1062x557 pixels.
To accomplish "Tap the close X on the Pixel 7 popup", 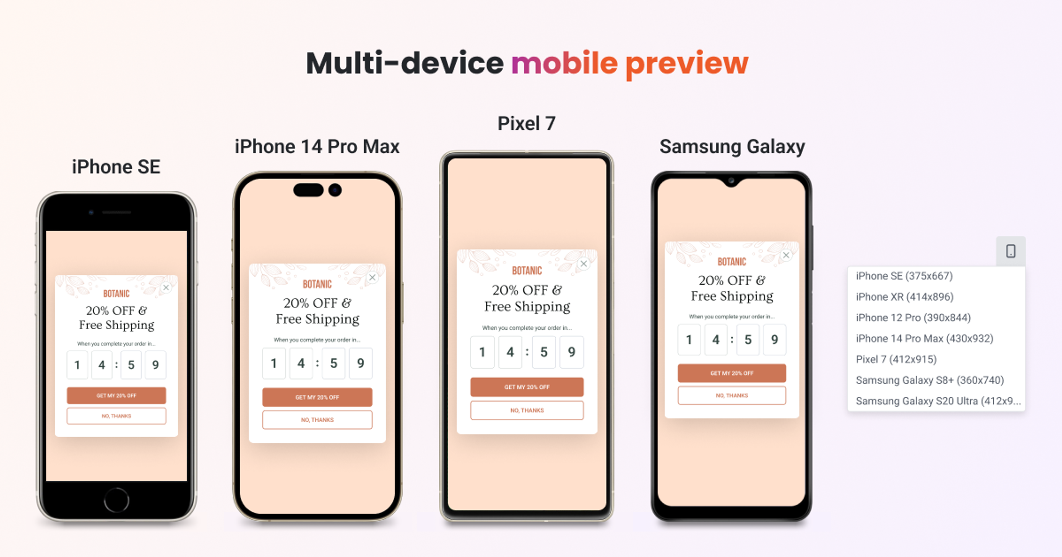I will tap(583, 264).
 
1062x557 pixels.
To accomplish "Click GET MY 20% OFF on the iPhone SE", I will tap(116, 395).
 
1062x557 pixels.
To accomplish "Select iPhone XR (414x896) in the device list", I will tap(905, 297).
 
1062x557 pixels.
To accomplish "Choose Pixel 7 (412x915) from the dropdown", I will tap(896, 359).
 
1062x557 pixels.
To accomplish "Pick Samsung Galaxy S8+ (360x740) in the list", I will tap(929, 380).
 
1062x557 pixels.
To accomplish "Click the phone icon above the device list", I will tap(1011, 251).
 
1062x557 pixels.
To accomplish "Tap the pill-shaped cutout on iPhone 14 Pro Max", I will tap(308, 190).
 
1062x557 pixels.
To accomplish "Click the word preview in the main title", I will tap(686, 64).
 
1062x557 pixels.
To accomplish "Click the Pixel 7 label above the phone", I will tap(527, 124).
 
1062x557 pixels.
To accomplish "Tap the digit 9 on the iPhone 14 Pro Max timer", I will tap(360, 363).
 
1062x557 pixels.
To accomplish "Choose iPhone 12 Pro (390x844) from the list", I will tap(913, 318).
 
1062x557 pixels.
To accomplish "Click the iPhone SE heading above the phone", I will tap(116, 167).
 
